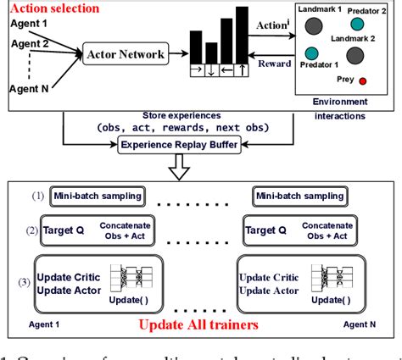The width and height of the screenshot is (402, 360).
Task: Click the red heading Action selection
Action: pyautogui.click(x=51, y=9)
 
